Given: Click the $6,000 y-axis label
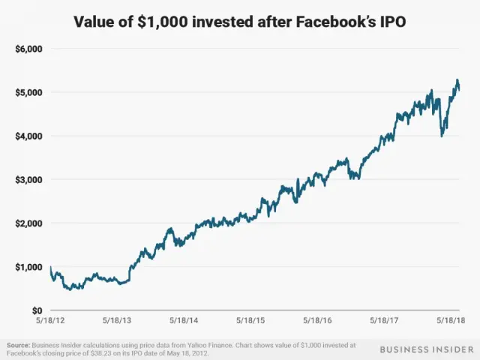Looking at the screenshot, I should (29, 49).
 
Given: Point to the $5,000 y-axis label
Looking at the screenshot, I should (29, 92).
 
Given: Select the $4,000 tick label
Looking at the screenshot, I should (29, 136).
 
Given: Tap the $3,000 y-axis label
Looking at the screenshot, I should (29, 179).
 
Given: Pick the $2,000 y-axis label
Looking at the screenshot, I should (29, 223).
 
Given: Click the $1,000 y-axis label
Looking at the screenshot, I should (29, 266).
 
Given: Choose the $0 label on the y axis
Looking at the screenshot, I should (36, 310).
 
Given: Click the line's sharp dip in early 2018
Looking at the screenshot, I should (442, 135).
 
